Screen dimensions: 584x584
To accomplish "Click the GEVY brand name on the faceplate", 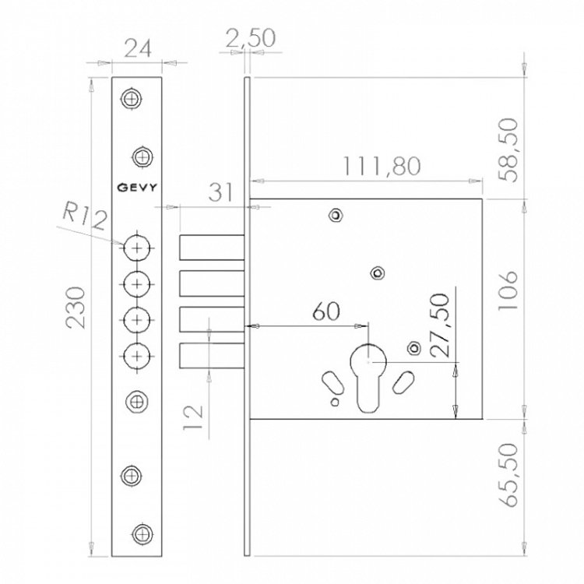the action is pos(137,187).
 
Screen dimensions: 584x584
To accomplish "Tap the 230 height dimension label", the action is pos(76,308).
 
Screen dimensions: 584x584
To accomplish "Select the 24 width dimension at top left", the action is pos(137,49).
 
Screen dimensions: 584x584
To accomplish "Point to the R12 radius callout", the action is pos(85,216).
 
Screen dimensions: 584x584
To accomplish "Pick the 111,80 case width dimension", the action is pos(382,166).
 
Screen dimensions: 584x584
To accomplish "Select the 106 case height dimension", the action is pos(508,290).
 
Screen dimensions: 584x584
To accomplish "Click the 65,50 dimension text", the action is pos(508,475).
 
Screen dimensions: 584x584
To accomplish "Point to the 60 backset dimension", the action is pos(326,311).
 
